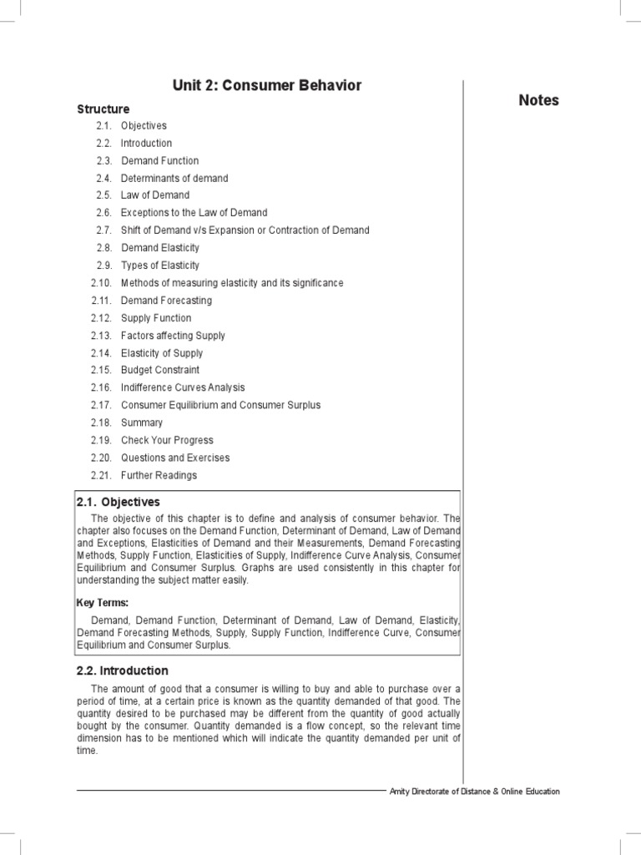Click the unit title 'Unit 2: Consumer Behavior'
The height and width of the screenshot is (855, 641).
pyautogui.click(x=267, y=86)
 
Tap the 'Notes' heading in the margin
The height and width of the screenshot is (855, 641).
pyautogui.click(x=538, y=100)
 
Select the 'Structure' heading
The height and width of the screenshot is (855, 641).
pyautogui.click(x=103, y=109)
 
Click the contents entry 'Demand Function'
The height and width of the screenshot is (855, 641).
pyautogui.click(x=160, y=160)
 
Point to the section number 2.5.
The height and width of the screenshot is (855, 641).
pyautogui.click(x=103, y=195)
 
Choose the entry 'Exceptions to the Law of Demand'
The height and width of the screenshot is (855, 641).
pyautogui.click(x=194, y=213)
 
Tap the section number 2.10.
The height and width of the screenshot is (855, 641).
pyautogui.click(x=101, y=283)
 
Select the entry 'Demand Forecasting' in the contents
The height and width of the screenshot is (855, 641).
pyautogui.click(x=166, y=301)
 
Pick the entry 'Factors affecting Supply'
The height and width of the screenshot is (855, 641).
pyautogui.click(x=173, y=336)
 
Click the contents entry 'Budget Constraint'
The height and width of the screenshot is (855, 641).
pyautogui.click(x=160, y=370)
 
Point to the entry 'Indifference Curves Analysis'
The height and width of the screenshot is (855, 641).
pyautogui.click(x=183, y=387)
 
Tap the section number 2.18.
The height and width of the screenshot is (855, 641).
pyautogui.click(x=101, y=422)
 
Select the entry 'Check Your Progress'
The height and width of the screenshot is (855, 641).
pyautogui.click(x=167, y=440)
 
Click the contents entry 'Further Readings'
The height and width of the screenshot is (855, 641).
pyautogui.click(x=159, y=475)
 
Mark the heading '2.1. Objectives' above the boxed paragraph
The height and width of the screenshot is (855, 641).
pyautogui.click(x=118, y=502)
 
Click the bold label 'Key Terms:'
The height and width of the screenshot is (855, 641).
pyautogui.click(x=103, y=603)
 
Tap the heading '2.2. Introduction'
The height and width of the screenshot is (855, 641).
pyautogui.click(x=122, y=670)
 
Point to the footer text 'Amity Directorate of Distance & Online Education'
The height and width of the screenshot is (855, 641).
pyautogui.click(x=475, y=792)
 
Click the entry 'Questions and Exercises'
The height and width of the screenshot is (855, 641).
pyautogui.click(x=175, y=458)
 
